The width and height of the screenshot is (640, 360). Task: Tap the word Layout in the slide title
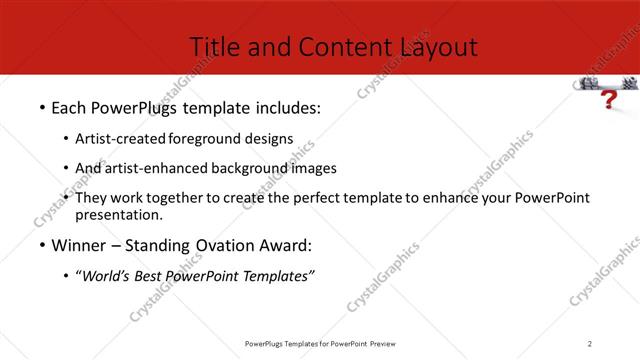(439, 46)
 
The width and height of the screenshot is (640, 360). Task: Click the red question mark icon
(607, 100)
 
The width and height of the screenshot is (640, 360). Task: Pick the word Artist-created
(122, 139)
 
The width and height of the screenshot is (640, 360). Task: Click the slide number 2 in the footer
(590, 344)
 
